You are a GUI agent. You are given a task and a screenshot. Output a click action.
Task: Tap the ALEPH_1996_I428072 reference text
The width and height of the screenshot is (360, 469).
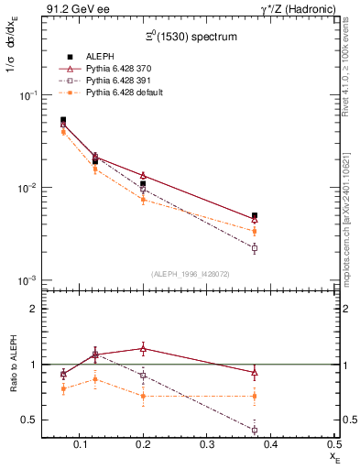(191, 273)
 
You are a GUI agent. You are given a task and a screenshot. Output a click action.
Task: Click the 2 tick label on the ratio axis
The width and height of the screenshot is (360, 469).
(34, 309)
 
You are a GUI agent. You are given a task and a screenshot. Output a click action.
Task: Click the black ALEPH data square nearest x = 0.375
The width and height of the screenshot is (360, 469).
(255, 216)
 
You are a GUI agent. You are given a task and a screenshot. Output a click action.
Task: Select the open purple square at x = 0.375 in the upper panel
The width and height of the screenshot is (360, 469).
(255, 248)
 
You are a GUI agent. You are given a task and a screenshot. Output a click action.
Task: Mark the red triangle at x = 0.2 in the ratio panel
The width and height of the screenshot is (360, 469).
(143, 348)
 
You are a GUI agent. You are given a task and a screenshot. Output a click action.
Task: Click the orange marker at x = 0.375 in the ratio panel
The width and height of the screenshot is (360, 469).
(255, 396)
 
